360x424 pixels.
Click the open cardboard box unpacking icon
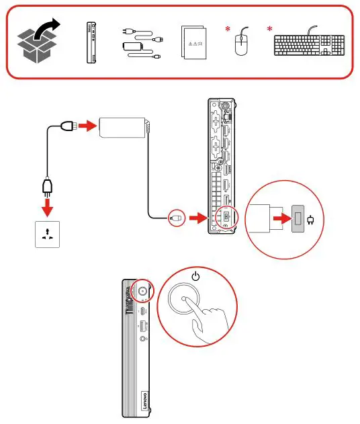(x=38, y=42)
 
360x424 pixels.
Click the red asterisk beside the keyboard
(x=270, y=30)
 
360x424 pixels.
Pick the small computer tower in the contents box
(x=91, y=43)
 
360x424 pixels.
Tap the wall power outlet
(x=47, y=233)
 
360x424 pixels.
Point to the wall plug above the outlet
(x=47, y=184)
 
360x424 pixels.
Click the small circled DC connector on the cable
(x=176, y=218)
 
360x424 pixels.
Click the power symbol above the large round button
(x=195, y=276)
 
